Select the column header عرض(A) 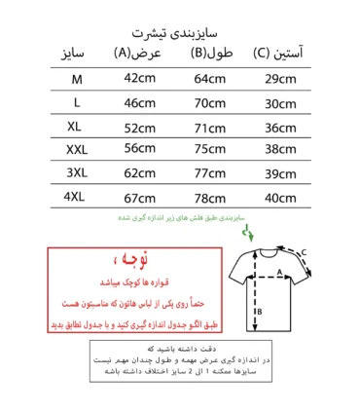pyautogui.click(x=135, y=53)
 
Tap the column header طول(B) pyautogui.click(x=209, y=53)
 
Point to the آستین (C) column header pyautogui.click(x=283, y=53)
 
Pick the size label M pyautogui.click(x=77, y=78)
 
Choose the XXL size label pyautogui.click(x=77, y=149)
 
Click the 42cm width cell pyautogui.click(x=139, y=78)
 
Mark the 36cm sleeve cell pyautogui.click(x=282, y=127)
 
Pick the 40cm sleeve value pyautogui.click(x=282, y=197)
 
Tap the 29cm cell pyautogui.click(x=282, y=78)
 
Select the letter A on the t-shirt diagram pyautogui.click(x=279, y=273)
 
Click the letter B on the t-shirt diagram pyautogui.click(x=260, y=312)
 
